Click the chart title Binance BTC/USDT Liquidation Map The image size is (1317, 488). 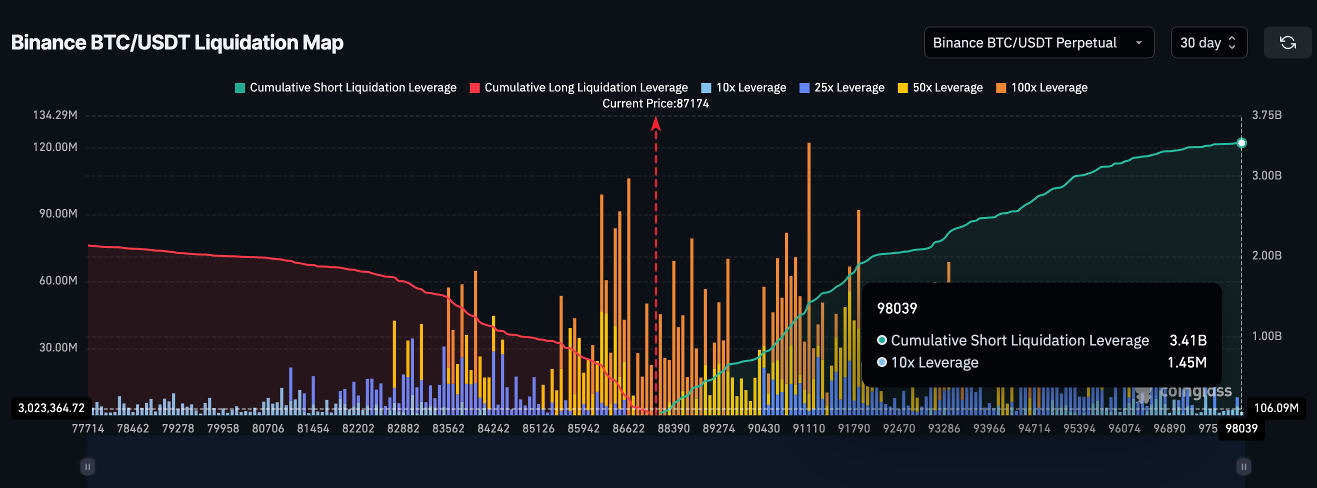pos(177,42)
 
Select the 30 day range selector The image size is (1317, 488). pos(1208,42)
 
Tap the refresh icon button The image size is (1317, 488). pos(1287,42)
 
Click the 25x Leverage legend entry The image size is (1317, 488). pos(841,87)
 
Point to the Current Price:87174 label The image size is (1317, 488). pos(655,103)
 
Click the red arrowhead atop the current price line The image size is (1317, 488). pos(655,123)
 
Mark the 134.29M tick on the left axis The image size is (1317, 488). pos(55,115)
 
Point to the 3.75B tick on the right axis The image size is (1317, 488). pos(1266,115)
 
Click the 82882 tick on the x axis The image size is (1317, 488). pos(403,428)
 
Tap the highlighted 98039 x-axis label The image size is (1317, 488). pos(1241,428)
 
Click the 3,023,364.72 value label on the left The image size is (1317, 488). pos(51,408)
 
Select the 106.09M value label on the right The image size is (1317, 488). pos(1275,408)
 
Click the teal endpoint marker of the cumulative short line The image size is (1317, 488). pos(1241,142)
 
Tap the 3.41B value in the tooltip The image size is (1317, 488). pos(1187,340)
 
